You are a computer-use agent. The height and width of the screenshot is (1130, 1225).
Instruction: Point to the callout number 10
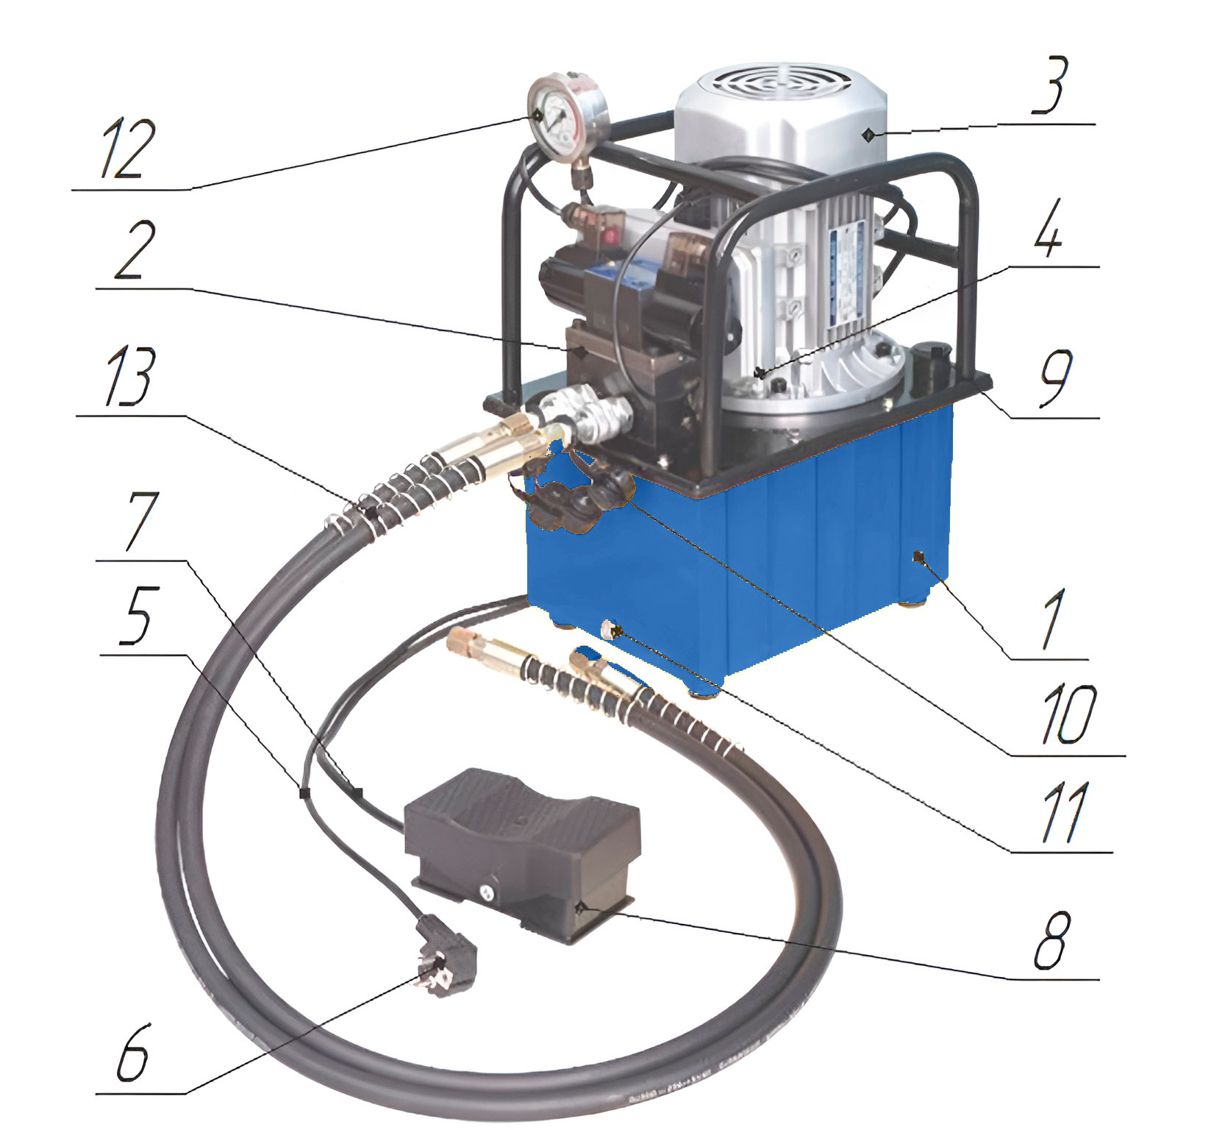tap(1068, 713)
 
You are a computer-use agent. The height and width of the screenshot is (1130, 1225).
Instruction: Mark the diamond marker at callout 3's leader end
tap(868, 134)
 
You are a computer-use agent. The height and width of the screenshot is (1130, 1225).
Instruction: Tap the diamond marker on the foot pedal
tap(579, 906)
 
